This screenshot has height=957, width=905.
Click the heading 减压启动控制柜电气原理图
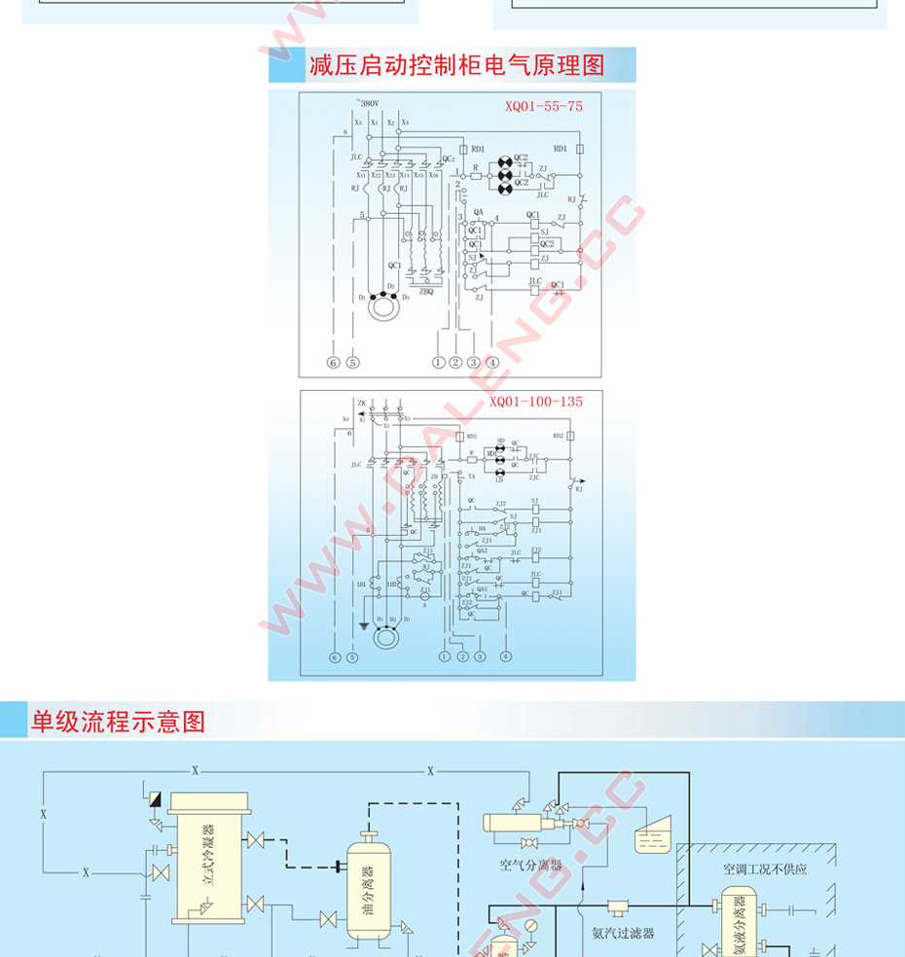point(456,66)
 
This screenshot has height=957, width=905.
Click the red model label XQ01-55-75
point(543,106)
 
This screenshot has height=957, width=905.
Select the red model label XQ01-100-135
point(535,401)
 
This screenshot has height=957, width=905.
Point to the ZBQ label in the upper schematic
point(426,291)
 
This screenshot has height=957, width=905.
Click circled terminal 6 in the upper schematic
point(334,362)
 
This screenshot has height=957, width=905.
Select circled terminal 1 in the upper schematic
point(439,362)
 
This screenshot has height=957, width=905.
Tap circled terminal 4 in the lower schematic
point(506,656)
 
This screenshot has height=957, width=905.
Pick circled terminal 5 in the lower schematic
point(352,657)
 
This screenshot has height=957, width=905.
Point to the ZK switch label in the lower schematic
point(362,403)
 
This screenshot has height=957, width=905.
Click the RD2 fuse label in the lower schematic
point(558,436)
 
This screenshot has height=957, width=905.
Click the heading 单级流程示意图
point(119,723)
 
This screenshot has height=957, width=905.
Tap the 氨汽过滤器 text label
point(623,932)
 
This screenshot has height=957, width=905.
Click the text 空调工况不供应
point(765,868)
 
